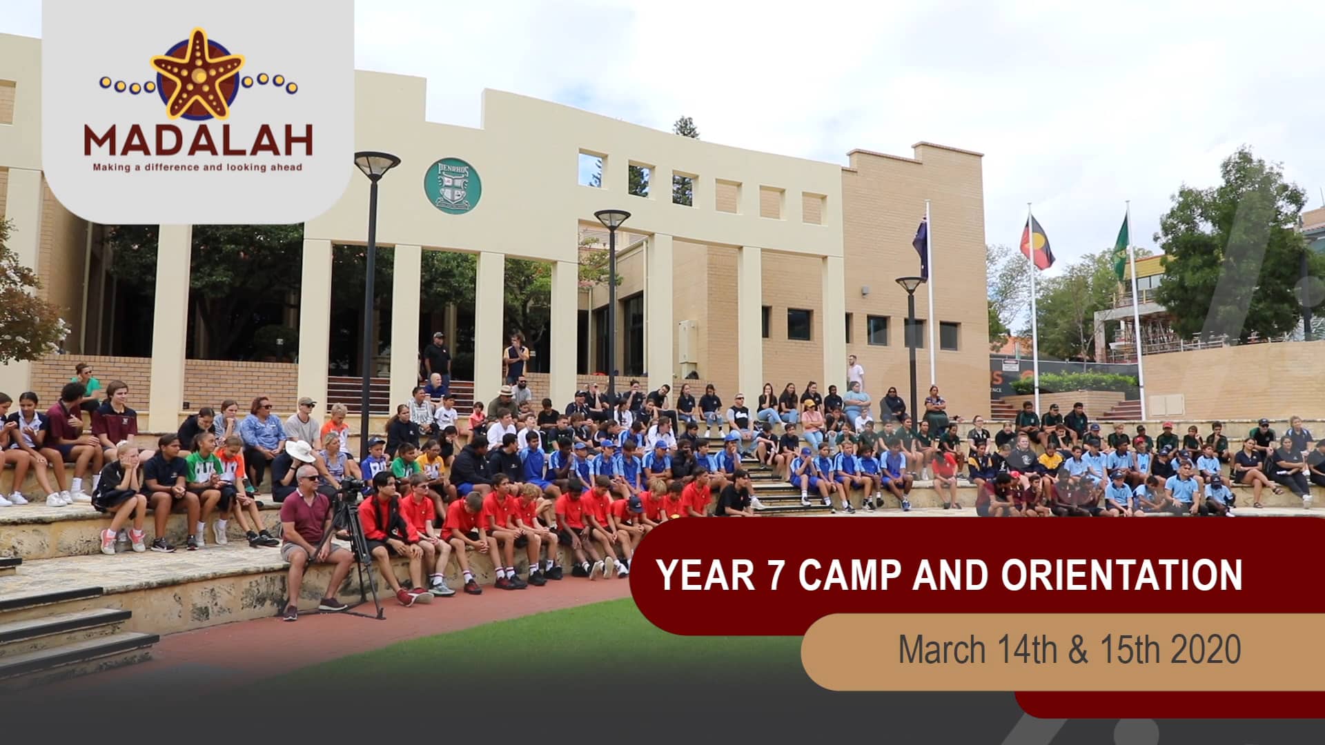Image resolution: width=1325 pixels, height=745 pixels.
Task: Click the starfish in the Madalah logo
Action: tap(198, 74)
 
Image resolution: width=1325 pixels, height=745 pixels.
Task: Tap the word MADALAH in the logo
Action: tap(198, 140)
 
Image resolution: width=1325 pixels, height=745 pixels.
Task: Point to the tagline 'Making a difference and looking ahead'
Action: tap(198, 167)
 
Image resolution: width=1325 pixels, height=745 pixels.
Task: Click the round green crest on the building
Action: tap(452, 185)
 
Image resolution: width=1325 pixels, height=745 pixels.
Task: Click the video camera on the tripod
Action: tap(352, 487)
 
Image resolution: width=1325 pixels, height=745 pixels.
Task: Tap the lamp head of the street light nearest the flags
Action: tap(911, 284)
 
